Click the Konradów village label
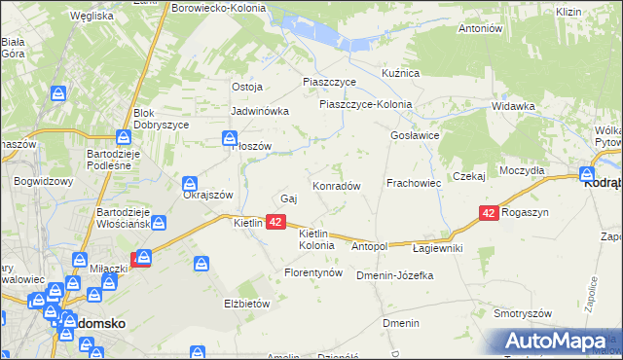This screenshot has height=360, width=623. pos(337,185)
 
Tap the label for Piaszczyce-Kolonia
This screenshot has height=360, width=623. pos(365,105)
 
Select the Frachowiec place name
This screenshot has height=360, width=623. pos(415,183)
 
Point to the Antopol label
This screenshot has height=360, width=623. pos(370,247)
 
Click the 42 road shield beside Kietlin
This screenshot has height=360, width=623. pos(275,222)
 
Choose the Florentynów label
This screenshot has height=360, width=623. pos(313,273)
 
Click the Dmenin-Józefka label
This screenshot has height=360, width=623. pos(394,275)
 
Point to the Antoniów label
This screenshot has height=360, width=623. pos(479,28)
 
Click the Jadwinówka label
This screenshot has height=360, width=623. pos(260,111)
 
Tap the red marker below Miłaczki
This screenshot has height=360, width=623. pos(142,259)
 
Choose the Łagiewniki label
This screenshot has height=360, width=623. pos(437,248)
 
